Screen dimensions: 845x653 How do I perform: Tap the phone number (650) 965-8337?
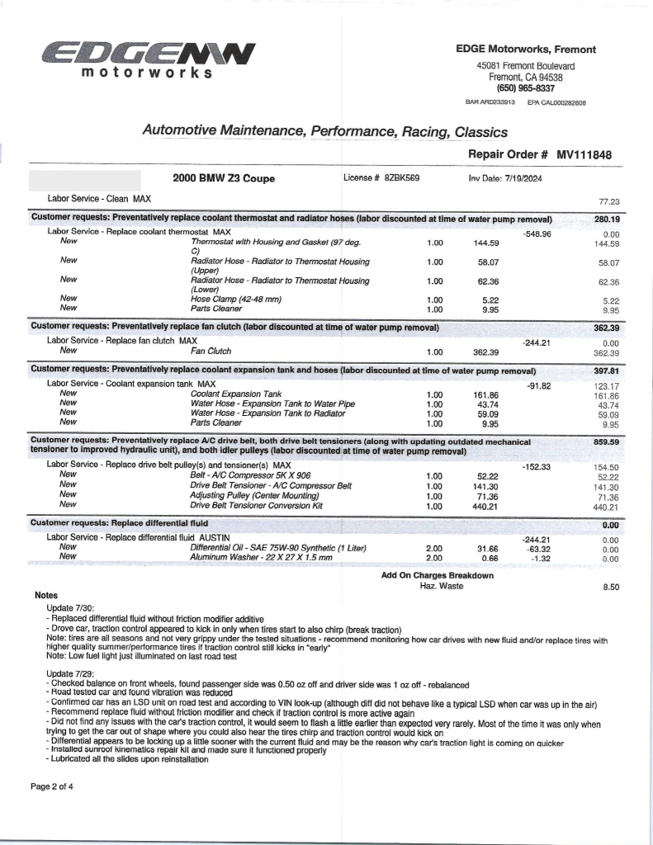525,88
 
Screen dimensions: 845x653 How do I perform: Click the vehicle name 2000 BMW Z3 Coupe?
224,178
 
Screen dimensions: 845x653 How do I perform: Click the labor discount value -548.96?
537,234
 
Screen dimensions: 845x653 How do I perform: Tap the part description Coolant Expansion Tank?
236,394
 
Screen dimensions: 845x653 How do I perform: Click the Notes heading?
46,595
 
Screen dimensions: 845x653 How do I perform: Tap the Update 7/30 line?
71,607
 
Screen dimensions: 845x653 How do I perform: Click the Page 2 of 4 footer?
52,786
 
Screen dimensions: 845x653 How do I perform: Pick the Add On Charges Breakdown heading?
438,575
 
